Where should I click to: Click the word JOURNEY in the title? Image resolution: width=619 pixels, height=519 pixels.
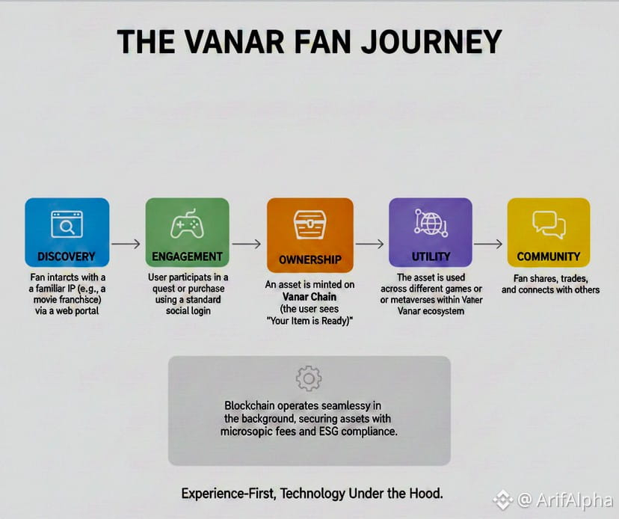point(431,42)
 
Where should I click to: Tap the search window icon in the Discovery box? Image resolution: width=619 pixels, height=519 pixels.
point(67,224)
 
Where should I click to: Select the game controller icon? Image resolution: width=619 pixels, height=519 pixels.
point(187,224)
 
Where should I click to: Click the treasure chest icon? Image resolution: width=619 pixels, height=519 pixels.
point(310,224)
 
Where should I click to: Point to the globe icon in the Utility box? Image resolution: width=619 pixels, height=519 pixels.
point(431,223)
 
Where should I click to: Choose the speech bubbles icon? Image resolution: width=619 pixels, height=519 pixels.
point(549,224)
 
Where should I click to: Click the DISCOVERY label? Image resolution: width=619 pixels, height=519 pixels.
point(67,257)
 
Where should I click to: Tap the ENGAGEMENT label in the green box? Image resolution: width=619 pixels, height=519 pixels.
point(187,257)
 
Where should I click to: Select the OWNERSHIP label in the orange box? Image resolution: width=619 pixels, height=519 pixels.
point(310,259)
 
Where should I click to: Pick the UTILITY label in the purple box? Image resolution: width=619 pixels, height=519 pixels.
point(431,257)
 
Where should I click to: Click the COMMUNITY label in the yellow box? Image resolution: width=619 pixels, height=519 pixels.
point(548,257)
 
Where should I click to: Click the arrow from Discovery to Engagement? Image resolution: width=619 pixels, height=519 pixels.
point(126,244)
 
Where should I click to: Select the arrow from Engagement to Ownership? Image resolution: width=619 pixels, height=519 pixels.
point(247,244)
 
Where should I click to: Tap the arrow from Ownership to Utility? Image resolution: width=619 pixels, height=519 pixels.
point(369,244)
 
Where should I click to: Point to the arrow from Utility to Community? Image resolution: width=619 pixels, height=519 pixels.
point(488,244)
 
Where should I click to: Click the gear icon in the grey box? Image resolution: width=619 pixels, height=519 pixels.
point(309,378)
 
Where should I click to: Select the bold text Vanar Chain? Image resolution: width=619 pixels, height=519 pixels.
point(309,297)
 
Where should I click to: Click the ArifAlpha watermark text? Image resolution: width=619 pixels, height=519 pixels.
point(574,500)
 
